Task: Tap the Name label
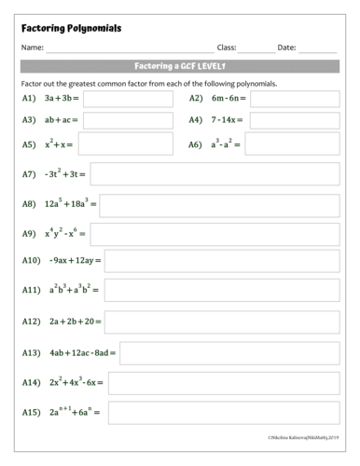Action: pyautogui.click(x=32, y=47)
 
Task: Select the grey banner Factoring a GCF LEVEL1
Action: pyautogui.click(x=180, y=66)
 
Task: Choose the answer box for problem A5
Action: pyautogui.click(x=126, y=144)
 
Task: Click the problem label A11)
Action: pyautogui.click(x=33, y=292)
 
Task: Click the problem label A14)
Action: pyautogui.click(x=33, y=382)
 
